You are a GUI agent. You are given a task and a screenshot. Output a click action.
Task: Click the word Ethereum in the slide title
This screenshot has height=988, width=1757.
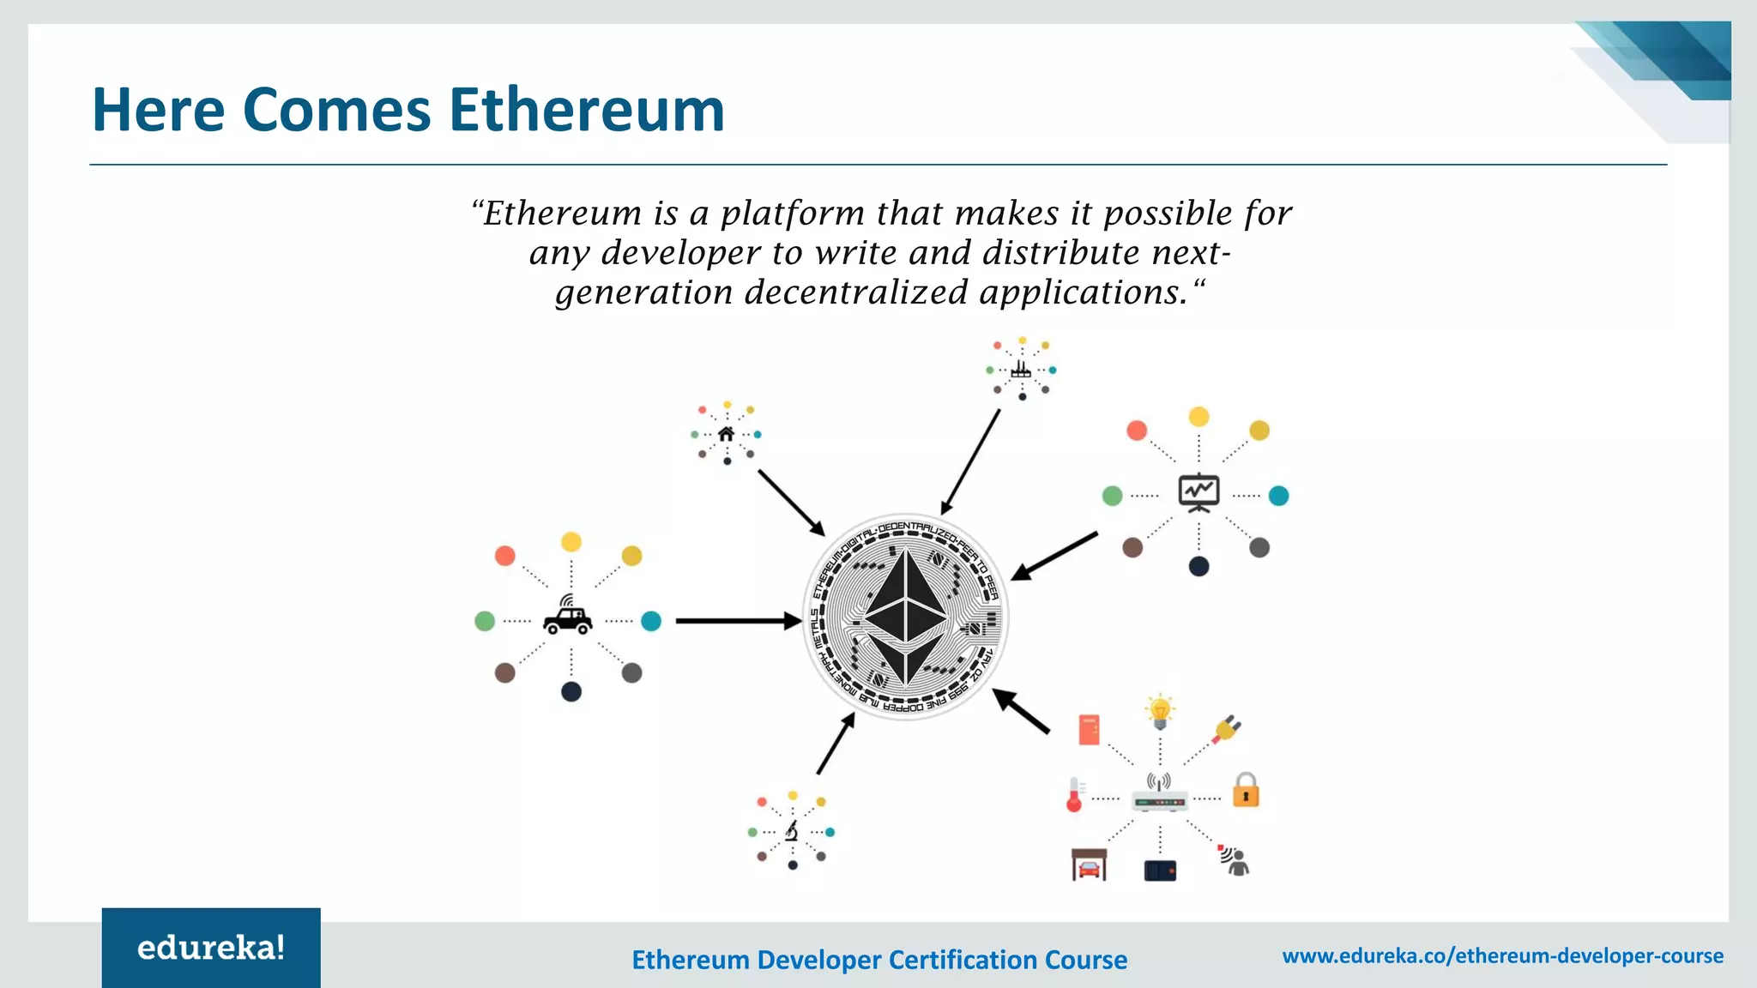point(587,110)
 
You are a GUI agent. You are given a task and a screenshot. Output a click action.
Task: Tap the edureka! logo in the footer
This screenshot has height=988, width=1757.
point(211,948)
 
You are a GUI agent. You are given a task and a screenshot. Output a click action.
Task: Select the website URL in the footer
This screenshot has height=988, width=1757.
point(1502,955)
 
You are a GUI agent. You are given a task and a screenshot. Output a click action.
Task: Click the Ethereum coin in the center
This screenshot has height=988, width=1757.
point(905,617)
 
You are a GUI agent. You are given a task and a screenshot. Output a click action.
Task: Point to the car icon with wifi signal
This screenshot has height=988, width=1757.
point(568,616)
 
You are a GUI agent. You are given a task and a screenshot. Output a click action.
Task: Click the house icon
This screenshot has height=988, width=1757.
point(726,434)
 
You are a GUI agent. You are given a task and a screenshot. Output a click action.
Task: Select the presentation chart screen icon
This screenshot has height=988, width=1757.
point(1199,492)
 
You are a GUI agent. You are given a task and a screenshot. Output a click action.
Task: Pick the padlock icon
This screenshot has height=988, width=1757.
point(1246,790)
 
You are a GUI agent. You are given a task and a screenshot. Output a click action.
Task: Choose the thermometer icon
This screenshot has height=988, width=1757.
point(1074,794)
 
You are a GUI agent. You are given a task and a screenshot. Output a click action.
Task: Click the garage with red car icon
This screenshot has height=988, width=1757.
point(1089,865)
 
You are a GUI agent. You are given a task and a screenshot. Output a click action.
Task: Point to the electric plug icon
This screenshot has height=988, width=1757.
point(1227,729)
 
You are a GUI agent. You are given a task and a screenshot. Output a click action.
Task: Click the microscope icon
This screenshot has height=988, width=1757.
point(792,831)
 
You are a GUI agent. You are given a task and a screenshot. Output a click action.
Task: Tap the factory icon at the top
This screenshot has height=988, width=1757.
point(1021,370)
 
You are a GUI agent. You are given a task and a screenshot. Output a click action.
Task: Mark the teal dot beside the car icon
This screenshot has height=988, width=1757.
point(651,621)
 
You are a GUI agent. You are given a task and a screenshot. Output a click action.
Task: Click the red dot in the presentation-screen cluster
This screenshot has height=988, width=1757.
point(1137,431)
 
